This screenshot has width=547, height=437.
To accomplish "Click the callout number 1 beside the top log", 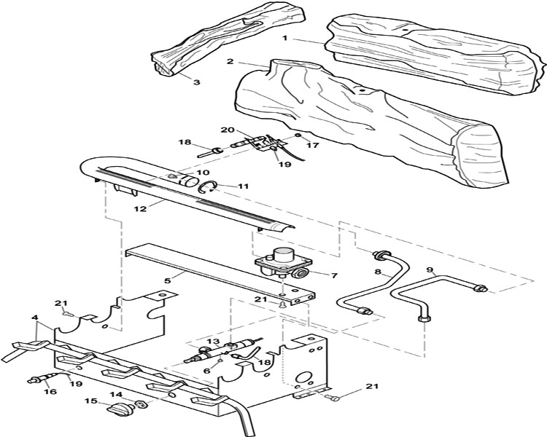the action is click(285, 38).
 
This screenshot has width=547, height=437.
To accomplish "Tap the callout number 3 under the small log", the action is click(197, 82).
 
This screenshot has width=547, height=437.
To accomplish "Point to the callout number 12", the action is click(139, 209).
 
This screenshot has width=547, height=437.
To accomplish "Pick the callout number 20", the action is click(227, 130).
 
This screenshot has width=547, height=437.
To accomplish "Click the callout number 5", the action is click(168, 280).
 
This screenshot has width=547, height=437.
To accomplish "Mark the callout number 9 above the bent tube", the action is click(430, 269).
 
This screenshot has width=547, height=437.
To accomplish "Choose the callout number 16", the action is click(50, 392).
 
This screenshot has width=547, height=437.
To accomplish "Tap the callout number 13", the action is click(214, 341).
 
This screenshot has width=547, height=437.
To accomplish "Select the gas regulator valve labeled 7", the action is click(284, 263).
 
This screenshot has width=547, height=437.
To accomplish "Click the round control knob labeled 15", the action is click(120, 407).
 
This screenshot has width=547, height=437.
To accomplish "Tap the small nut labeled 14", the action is click(140, 404).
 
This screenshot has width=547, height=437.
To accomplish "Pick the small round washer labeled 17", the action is click(298, 135).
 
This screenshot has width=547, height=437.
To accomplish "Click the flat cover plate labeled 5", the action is click(220, 274).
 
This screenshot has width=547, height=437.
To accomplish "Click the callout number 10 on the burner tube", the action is click(203, 172).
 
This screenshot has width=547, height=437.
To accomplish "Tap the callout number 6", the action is click(207, 371).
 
